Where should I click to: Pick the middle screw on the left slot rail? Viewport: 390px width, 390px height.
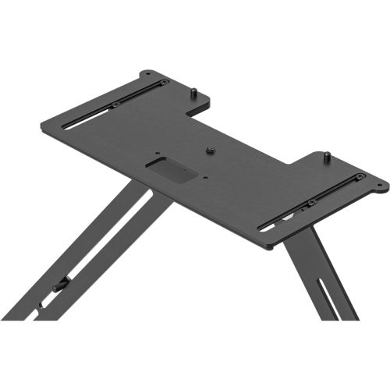tap(115, 105)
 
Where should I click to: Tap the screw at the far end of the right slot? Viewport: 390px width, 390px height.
tap(359, 179)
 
